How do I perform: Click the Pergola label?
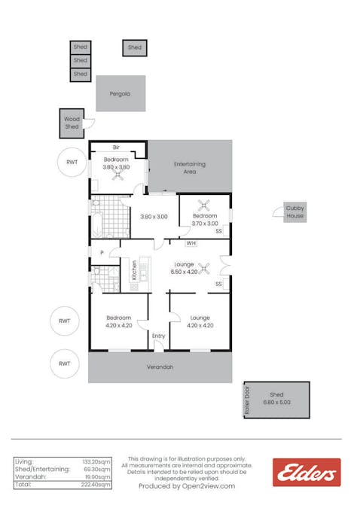pyautogui.click(x=121, y=94)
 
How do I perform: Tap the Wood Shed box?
pyautogui.click(x=72, y=123)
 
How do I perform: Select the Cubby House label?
pyautogui.click(x=295, y=212)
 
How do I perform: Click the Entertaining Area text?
pyautogui.click(x=190, y=168)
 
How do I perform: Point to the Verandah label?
pyautogui.click(x=160, y=367)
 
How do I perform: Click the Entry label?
pyautogui.click(x=158, y=336)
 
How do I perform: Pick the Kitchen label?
pyautogui.click(x=135, y=270)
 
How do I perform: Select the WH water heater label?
pyautogui.click(x=191, y=243)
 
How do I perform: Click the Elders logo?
pyautogui.click(x=307, y=473)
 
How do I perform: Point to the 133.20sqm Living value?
pyautogui.click(x=96, y=461)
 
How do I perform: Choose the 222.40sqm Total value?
pyautogui.click(x=96, y=485)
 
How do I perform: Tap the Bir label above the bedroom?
pyautogui.click(x=117, y=148)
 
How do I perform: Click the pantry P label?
pyautogui.click(x=102, y=253)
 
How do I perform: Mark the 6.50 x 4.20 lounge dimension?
pyautogui.click(x=185, y=272)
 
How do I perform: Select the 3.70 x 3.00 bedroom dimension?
pyautogui.click(x=205, y=224)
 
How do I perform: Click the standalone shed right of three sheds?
pyautogui.click(x=135, y=47)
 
